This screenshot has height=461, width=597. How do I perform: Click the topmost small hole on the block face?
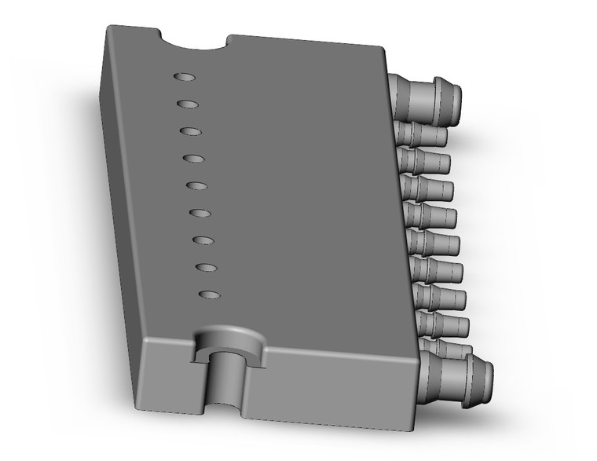[183, 77]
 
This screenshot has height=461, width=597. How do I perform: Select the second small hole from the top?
[187, 104]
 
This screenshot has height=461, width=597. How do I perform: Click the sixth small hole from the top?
[200, 213]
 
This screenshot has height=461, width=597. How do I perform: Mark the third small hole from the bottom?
[203, 240]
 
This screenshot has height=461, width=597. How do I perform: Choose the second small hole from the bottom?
[206, 267]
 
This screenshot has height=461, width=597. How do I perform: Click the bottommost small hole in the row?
[209, 295]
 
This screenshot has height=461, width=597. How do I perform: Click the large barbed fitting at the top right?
[428, 97]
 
